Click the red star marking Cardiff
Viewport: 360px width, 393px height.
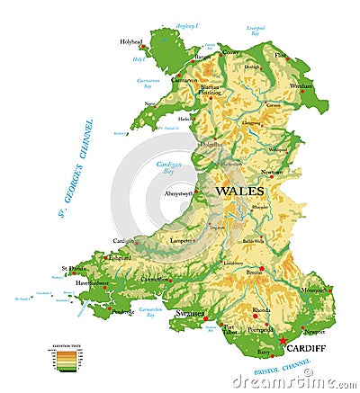(283, 341)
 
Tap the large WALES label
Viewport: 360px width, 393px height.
(239, 191)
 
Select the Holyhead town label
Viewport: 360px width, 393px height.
(131, 41)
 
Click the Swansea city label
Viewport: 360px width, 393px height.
(189, 313)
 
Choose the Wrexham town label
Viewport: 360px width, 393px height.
(301, 86)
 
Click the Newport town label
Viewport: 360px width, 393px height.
(314, 332)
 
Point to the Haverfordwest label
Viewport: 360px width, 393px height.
(92, 283)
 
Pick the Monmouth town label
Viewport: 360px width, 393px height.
(313, 291)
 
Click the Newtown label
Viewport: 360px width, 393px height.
(272, 171)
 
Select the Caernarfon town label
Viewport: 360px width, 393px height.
(184, 79)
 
